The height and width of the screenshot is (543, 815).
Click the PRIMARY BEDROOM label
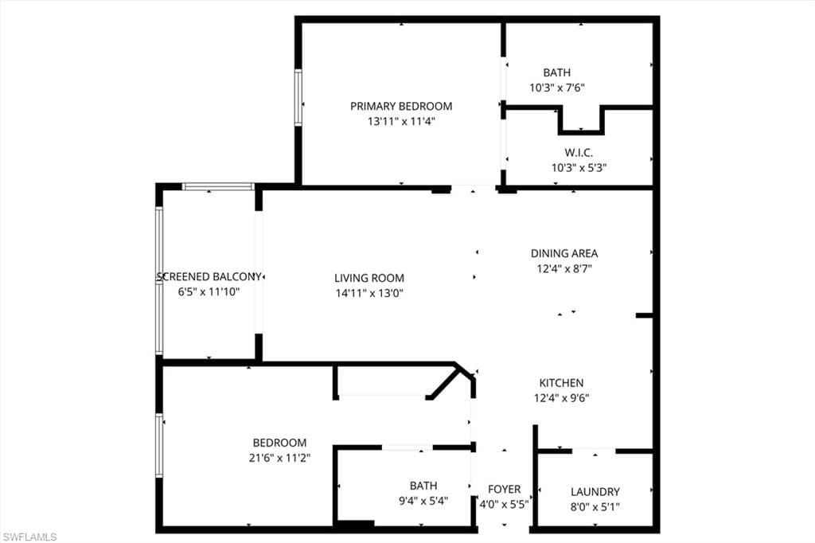[x=401, y=106]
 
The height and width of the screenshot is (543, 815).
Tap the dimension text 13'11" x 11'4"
[x=401, y=121]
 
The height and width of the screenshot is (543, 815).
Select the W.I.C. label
[x=579, y=153]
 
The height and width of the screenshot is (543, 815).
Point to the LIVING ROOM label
[x=369, y=278]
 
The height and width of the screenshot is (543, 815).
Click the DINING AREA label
[x=564, y=253]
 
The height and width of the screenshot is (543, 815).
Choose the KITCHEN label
[x=561, y=383]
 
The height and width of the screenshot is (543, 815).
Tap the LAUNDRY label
[x=595, y=491]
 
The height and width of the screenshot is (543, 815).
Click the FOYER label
[x=504, y=489]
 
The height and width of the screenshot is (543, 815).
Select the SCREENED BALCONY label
[x=209, y=277]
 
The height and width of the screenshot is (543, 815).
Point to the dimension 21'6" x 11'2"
[x=279, y=458]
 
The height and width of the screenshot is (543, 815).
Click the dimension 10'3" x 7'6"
[x=557, y=88]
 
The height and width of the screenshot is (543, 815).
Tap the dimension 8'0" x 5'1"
[x=595, y=506]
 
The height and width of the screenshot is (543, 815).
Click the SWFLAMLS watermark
[x=29, y=537]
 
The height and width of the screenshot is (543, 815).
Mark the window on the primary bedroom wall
[x=298, y=97]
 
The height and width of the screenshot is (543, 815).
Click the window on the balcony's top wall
[x=218, y=187]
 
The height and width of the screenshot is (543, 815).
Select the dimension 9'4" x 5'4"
[x=423, y=500]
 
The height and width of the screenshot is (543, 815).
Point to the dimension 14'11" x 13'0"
[x=369, y=293]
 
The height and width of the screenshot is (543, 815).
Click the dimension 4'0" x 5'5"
[x=504, y=504]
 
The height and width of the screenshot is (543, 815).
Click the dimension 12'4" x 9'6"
[x=561, y=398]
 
